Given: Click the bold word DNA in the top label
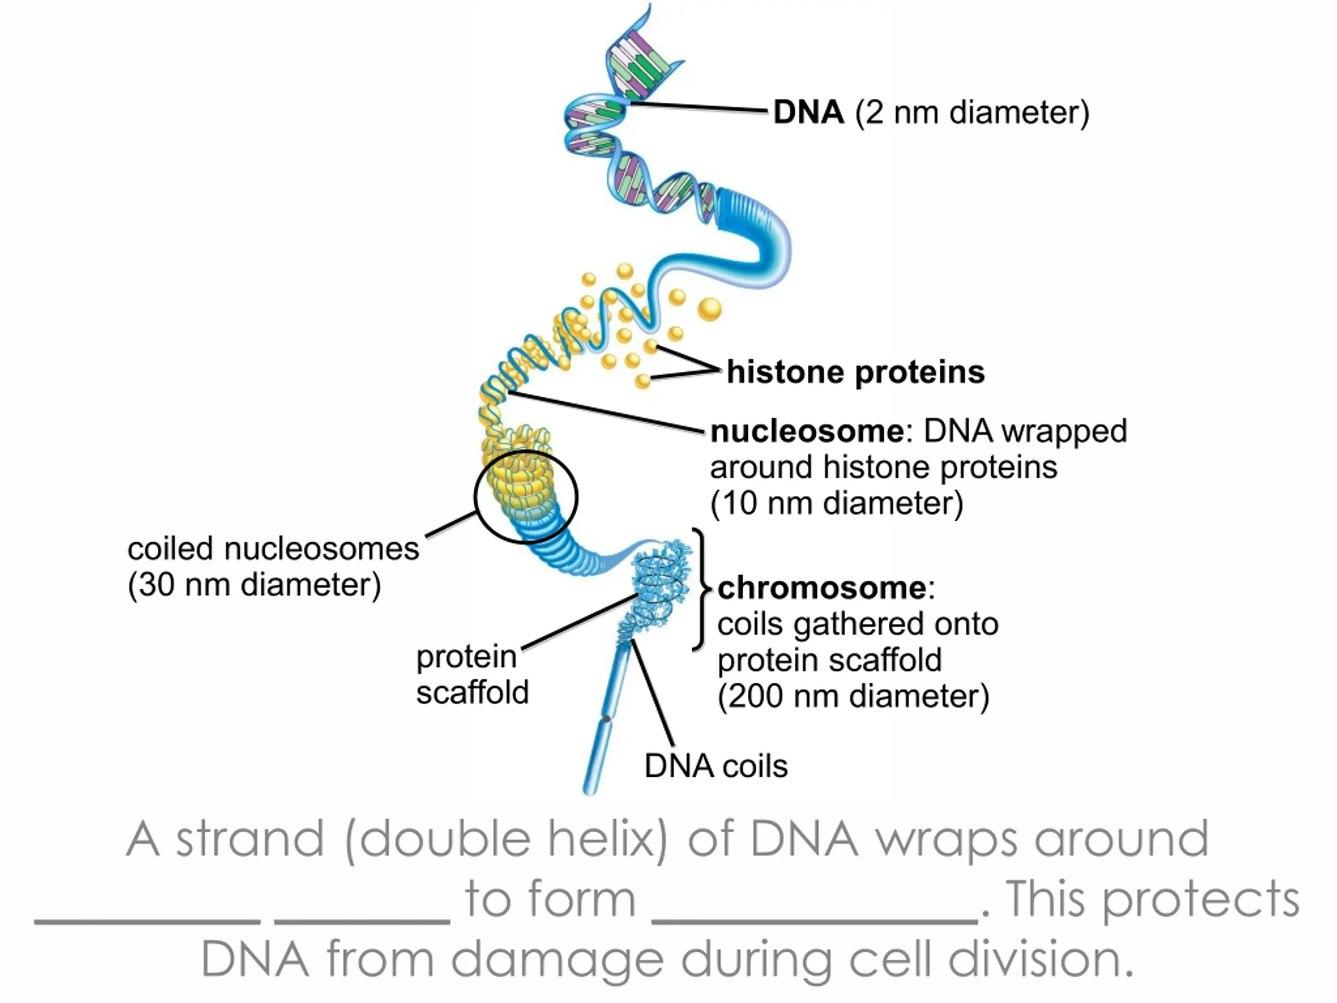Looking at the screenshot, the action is [x=808, y=112].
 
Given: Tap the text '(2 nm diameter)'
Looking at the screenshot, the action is [x=972, y=113].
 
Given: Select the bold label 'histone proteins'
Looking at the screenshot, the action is [x=855, y=372].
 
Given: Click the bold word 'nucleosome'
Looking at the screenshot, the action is [x=807, y=431].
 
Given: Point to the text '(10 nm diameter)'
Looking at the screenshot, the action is [x=837, y=504].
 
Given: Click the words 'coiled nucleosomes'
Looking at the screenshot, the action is [x=273, y=549].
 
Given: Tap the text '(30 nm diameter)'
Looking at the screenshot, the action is [x=254, y=585].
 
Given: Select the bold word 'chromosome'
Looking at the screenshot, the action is [x=822, y=588].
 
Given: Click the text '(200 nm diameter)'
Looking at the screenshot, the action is [x=853, y=696].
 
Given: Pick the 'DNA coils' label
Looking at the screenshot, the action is [x=716, y=766].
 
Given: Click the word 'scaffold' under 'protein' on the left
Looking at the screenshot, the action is [x=472, y=692].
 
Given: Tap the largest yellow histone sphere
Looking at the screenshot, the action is [x=710, y=310].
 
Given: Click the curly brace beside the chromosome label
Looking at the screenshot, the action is [x=702, y=589].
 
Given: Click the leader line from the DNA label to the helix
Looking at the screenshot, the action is [x=699, y=107].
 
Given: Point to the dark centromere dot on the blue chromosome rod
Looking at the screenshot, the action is [x=606, y=719].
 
